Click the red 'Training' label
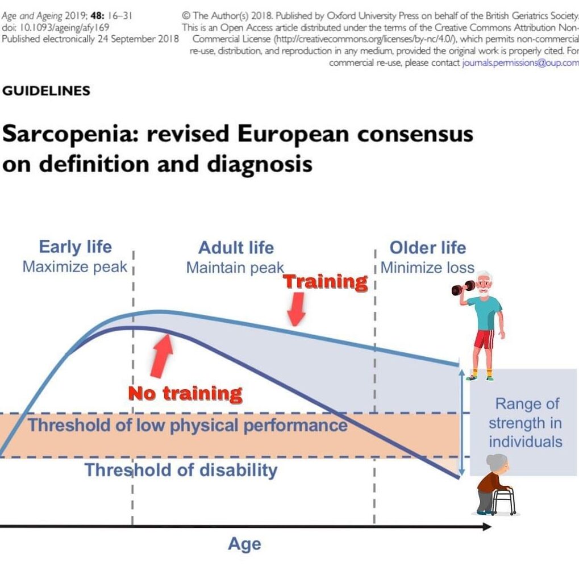coord(326,282)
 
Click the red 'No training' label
coord(185,393)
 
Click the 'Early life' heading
coord(75,247)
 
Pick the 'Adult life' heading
coord(236,248)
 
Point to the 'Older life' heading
coord(427,248)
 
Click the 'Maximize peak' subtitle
coord(74,266)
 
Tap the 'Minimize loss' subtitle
coord(427,267)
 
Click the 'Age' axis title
coord(244,544)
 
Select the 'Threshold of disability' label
coord(181,470)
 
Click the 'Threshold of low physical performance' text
coord(188,425)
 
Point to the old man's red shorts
coord(484,340)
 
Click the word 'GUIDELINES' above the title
coord(46,91)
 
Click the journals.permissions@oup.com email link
coord(520,63)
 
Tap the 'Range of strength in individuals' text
coord(526,423)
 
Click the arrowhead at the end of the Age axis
coord(487,526)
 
